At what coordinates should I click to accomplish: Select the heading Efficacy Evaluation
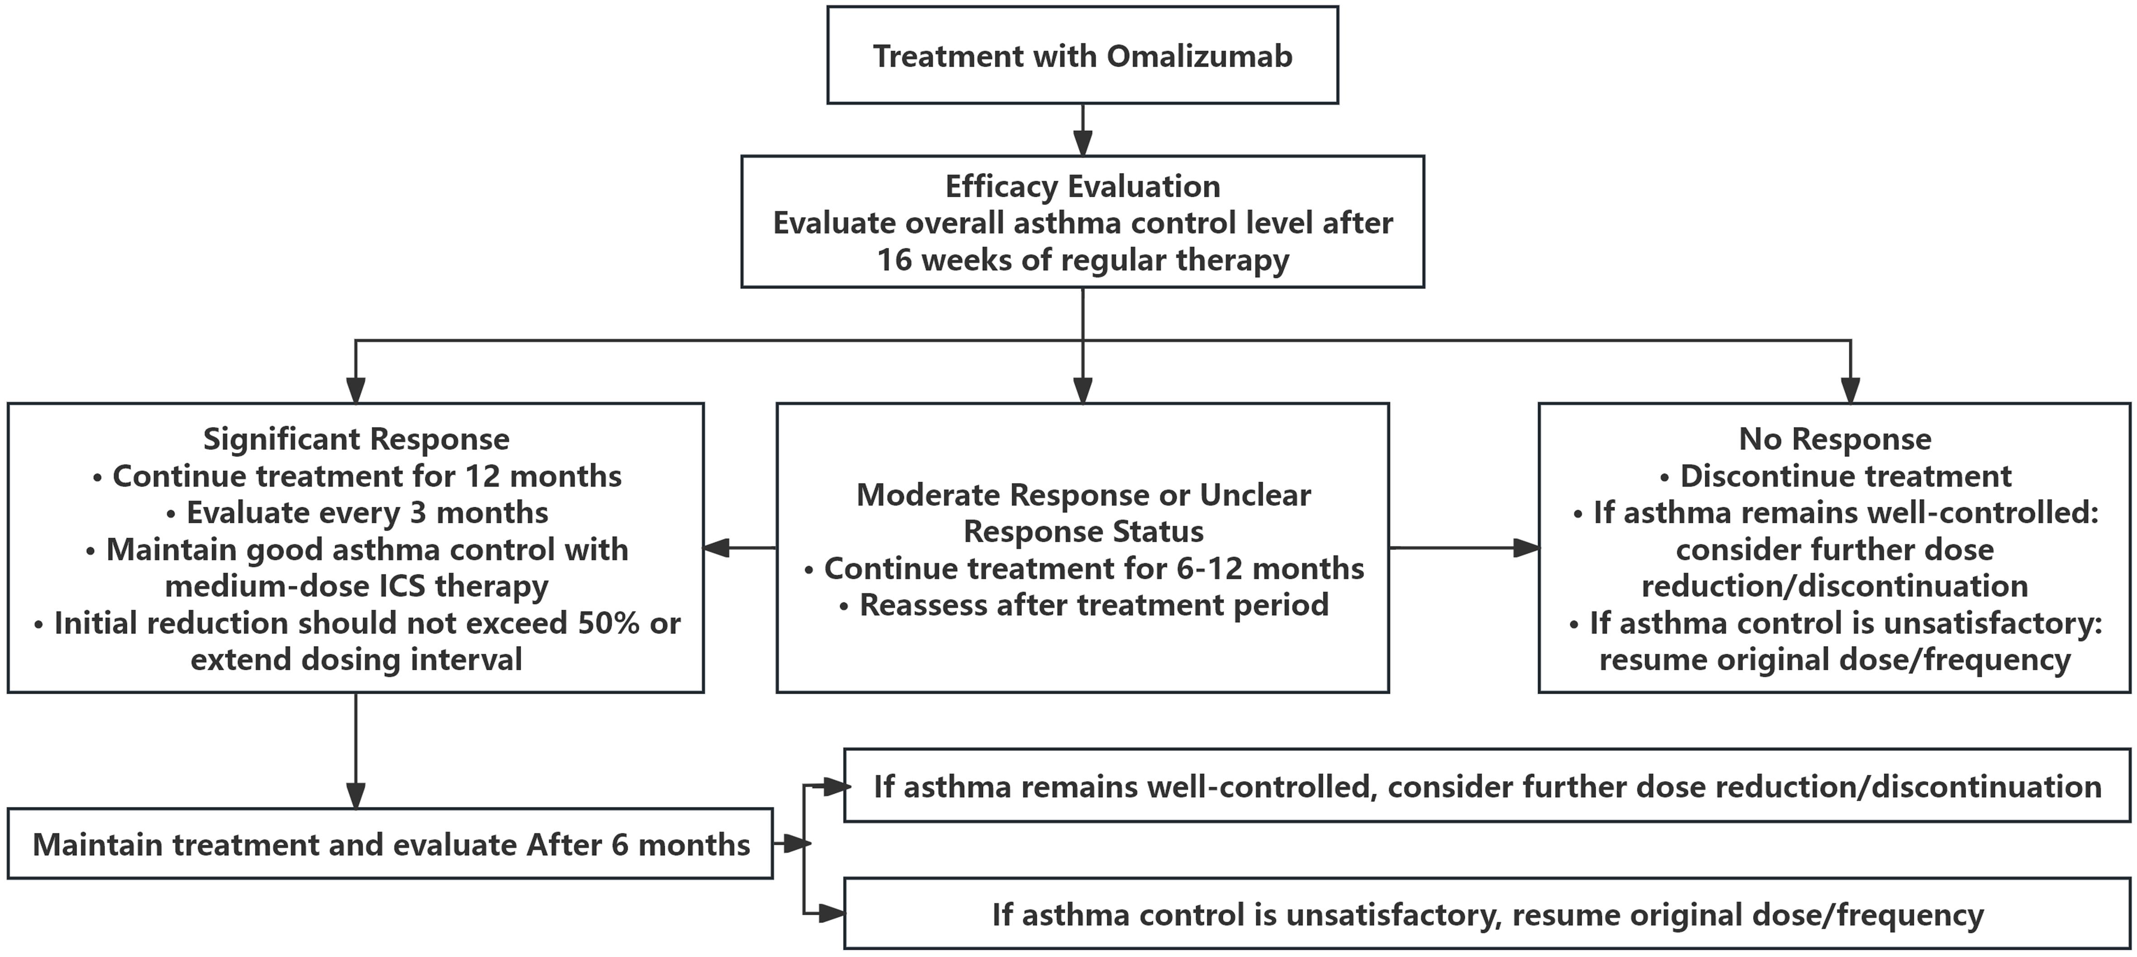[x=1083, y=187]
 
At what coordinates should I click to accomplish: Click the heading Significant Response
[x=356, y=439]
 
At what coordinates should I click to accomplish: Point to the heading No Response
[x=1834, y=439]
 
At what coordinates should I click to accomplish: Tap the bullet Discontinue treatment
[x=1845, y=476]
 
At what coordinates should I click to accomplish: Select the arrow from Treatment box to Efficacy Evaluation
[x=1083, y=130]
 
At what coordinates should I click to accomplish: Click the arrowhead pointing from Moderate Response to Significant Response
[x=717, y=547]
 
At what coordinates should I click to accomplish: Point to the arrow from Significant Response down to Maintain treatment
[x=356, y=750]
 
